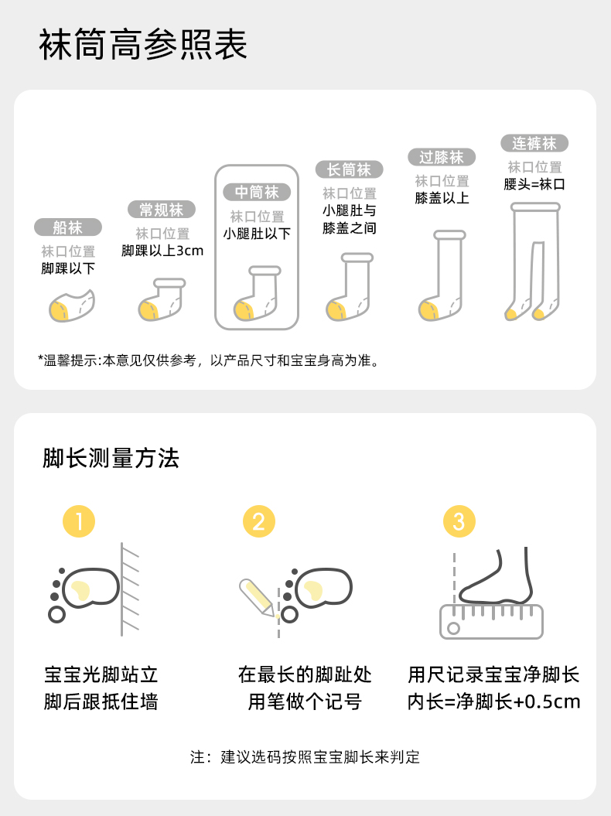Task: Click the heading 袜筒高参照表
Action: point(143,44)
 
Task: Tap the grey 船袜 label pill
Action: point(68,227)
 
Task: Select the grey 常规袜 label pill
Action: point(162,210)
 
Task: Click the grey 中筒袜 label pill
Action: point(257,192)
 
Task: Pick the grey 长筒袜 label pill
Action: point(350,169)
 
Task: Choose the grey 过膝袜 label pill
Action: point(442,157)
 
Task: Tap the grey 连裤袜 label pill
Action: point(534,143)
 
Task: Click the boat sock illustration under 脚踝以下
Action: point(72,306)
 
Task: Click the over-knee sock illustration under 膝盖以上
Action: point(442,275)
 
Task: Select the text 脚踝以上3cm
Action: point(162,251)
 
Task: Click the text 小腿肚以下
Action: point(257,234)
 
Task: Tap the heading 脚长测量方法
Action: point(111,459)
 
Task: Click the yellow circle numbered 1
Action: point(79,521)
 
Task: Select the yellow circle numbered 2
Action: point(259,521)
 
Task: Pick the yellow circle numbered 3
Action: point(459,521)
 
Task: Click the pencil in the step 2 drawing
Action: point(257,598)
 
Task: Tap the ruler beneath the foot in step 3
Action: point(491,621)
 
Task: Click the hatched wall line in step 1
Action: point(121,589)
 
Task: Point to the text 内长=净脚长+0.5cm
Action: point(494,702)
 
